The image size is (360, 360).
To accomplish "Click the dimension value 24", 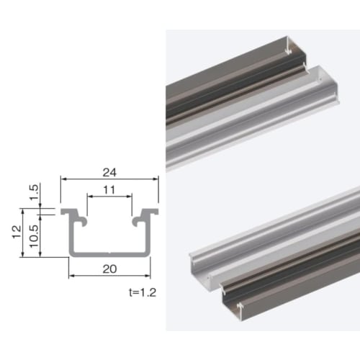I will coord(109,172).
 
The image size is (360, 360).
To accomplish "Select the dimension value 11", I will coord(109,191).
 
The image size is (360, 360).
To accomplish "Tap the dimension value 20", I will coord(109,268).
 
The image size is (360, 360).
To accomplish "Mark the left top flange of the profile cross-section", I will coord(70,214).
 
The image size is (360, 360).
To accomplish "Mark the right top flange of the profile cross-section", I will coord(150,214).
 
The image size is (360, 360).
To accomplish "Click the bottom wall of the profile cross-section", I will coord(109,253).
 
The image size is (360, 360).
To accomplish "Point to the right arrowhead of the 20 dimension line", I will coord(148,274).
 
